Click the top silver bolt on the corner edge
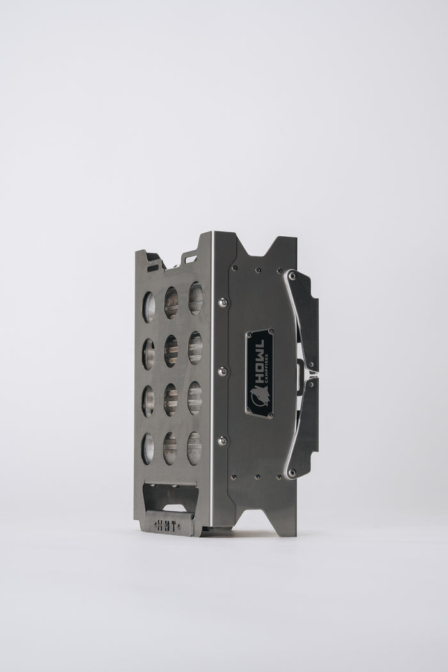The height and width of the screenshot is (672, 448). [222, 303]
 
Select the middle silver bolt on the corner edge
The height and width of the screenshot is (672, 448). [222, 371]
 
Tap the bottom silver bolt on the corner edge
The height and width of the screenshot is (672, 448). [222, 440]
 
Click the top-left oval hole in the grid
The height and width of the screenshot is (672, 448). [148, 307]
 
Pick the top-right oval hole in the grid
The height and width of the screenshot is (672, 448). [195, 298]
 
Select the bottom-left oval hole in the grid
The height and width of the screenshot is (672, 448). [147, 448]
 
